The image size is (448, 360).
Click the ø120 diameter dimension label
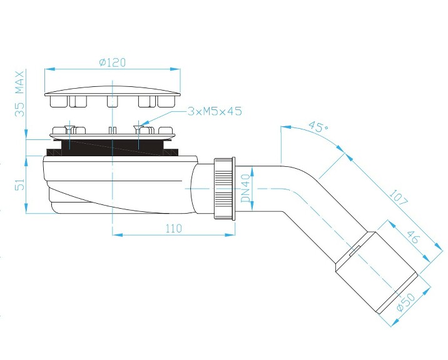[x=112, y=62]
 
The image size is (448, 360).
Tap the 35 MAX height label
[x=19, y=94]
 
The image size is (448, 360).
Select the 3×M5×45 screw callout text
[x=215, y=111]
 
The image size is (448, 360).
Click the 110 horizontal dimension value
[x=174, y=228]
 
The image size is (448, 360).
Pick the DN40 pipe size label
[x=245, y=188]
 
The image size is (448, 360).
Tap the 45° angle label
[x=318, y=126]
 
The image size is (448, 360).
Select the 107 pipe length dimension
[x=399, y=197]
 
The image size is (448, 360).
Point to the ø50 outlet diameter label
[x=406, y=302]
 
